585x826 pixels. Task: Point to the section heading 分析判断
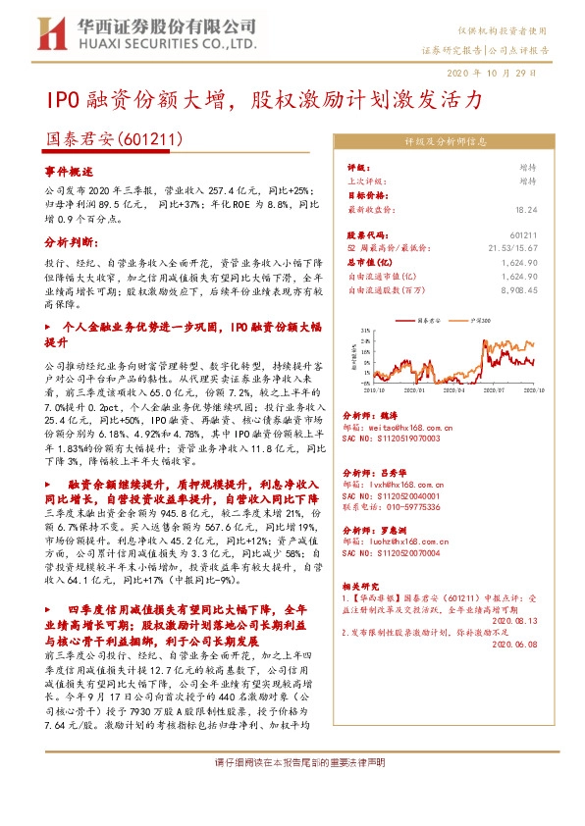pos(67,240)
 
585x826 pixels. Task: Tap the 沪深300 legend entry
pos(482,320)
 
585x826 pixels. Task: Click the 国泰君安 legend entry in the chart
pos(430,320)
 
